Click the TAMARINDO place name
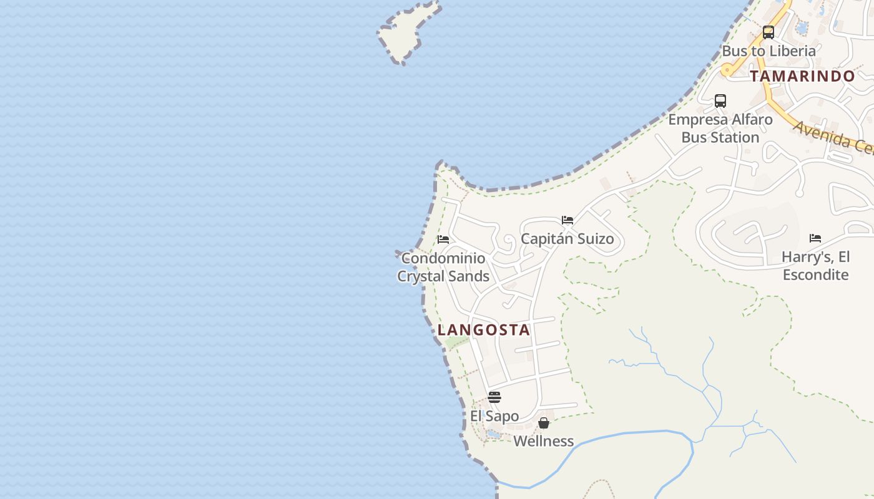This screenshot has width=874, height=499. [x=802, y=76]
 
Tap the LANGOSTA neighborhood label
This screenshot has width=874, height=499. [x=484, y=330]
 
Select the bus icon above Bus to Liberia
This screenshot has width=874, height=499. [x=768, y=32]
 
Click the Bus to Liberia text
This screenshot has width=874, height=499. [x=768, y=51]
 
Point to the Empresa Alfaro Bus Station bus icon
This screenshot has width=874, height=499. [x=720, y=101]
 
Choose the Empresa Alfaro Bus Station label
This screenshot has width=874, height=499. [x=720, y=128]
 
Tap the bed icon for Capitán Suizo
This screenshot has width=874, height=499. [x=567, y=220]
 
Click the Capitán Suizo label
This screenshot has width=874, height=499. [x=567, y=239]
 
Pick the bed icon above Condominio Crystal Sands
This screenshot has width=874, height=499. [x=443, y=240]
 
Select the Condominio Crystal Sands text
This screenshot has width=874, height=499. [x=443, y=267]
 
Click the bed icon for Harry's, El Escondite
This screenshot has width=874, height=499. [x=815, y=238]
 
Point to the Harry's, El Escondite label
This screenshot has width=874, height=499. [x=815, y=266]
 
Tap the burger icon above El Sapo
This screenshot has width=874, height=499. [x=494, y=397]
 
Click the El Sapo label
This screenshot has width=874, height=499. [x=494, y=416]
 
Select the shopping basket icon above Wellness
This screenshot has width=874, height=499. [x=544, y=423]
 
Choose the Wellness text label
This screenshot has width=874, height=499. [x=544, y=441]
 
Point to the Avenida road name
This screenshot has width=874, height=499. [x=833, y=137]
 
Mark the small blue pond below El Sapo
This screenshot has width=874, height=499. [x=493, y=434]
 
